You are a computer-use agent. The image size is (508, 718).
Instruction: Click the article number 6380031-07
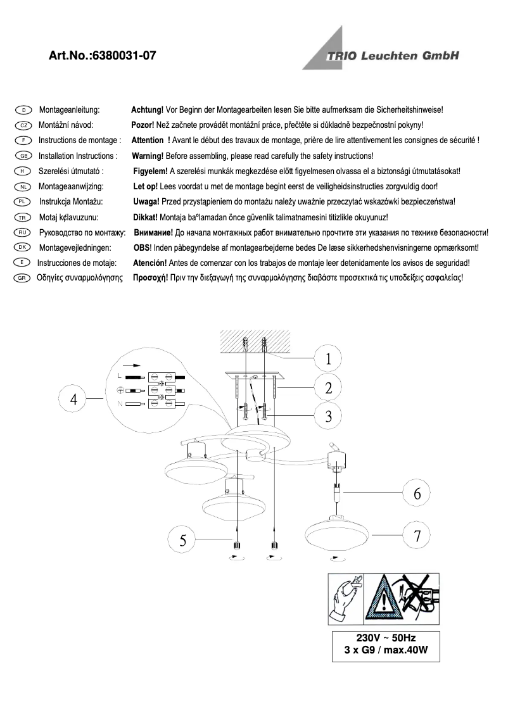(x=124, y=56)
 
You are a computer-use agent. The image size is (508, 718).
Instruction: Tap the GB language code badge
(x=22, y=156)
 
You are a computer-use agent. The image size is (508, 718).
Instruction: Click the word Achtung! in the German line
(x=147, y=110)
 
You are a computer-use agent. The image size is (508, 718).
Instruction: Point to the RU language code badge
(x=22, y=232)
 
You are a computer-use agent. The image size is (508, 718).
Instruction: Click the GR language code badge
(x=22, y=278)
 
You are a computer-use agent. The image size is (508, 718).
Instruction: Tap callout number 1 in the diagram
(x=328, y=359)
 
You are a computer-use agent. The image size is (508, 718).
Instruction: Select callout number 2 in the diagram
(x=328, y=388)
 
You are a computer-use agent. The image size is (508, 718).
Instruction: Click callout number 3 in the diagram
(x=328, y=417)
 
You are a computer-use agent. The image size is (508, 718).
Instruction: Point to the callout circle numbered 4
(x=74, y=399)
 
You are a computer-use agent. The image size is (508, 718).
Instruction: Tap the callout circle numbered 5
(x=183, y=539)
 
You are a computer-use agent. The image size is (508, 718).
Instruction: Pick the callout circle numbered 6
(x=417, y=493)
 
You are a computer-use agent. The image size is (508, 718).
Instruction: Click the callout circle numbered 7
(x=417, y=536)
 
